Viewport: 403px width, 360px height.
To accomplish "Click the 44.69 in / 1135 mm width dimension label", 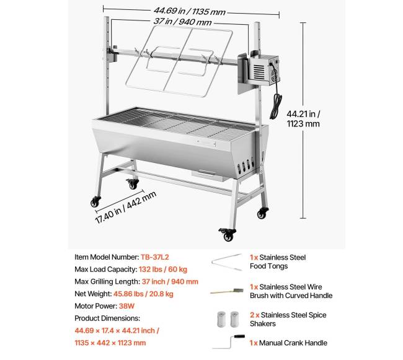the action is pyautogui.click(x=190, y=11).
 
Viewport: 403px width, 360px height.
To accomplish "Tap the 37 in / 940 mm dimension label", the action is pyautogui.click(x=182, y=22).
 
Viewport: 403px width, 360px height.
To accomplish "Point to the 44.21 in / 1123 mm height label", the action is pyautogui.click(x=303, y=118).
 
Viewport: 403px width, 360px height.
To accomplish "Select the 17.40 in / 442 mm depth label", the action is pyautogui.click(x=125, y=208).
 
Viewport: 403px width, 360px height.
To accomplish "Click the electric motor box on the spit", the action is pyautogui.click(x=263, y=70).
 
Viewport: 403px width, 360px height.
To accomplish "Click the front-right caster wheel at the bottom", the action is pyautogui.click(x=228, y=234).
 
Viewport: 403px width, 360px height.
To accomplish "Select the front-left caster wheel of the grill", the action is pyautogui.click(x=95, y=202).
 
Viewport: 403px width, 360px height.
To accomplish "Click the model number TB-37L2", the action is pyautogui.click(x=155, y=257).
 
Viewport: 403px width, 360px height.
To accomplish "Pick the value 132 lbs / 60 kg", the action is pyautogui.click(x=163, y=270).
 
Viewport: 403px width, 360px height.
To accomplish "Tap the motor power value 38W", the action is pyautogui.click(x=126, y=306).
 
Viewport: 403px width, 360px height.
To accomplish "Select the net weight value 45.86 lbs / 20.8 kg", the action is pyautogui.click(x=143, y=294).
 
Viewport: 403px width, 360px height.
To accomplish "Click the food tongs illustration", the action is pyautogui.click(x=227, y=262).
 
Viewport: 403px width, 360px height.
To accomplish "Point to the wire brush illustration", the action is pyautogui.click(x=227, y=291).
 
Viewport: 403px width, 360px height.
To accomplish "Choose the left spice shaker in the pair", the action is pyautogui.click(x=221, y=319).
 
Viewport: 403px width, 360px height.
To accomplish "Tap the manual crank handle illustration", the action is pyautogui.click(x=229, y=342).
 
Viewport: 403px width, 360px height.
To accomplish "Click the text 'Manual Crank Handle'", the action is pyautogui.click(x=293, y=343).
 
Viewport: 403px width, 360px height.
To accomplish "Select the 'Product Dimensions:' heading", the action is pyautogui.click(x=107, y=318).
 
